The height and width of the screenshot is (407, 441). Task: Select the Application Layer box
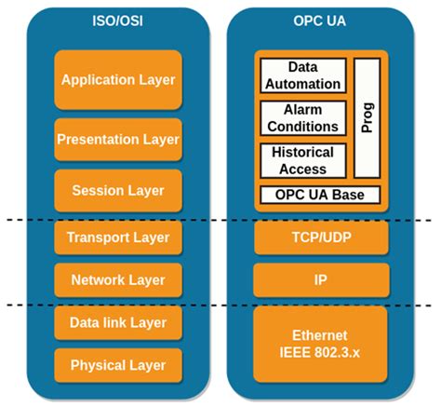[x=118, y=79]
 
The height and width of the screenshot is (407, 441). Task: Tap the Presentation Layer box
[x=118, y=140]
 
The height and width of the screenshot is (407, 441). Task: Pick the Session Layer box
[x=118, y=190]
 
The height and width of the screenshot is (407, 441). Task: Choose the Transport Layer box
[x=118, y=237]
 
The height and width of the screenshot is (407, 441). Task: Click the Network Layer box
[x=118, y=279]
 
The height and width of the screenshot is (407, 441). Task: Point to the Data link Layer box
[x=118, y=322]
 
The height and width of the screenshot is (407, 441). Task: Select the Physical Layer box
[x=118, y=364]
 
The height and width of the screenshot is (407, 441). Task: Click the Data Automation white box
[x=302, y=75]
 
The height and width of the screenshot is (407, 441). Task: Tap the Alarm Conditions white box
[x=302, y=118]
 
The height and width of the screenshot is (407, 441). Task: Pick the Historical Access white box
[x=302, y=161]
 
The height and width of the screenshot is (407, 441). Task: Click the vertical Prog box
[x=367, y=117]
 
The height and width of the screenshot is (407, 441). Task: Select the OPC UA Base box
[x=320, y=195]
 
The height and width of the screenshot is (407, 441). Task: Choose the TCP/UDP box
[x=321, y=237]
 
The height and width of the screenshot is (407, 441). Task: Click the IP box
[x=321, y=279]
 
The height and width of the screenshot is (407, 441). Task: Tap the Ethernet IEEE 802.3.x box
[x=321, y=343]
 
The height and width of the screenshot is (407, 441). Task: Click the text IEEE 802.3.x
[x=321, y=352]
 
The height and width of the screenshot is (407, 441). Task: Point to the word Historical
[x=302, y=154]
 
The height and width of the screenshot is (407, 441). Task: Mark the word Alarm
[x=302, y=111]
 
